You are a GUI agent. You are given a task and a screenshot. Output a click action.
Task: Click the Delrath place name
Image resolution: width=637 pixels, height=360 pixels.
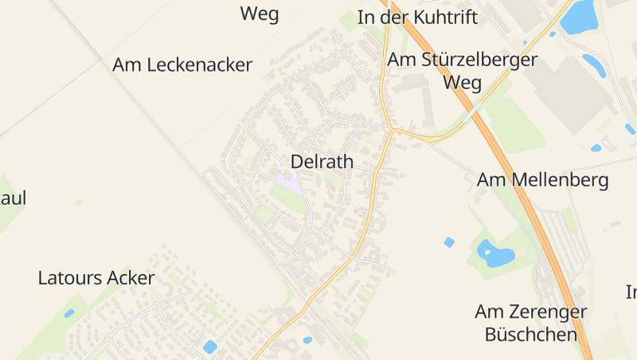(x=322, y=162)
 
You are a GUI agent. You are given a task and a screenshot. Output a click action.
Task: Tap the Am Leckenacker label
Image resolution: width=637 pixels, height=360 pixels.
(x=182, y=65)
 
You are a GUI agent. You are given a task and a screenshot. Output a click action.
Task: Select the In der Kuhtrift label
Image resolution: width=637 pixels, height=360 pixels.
(x=417, y=18)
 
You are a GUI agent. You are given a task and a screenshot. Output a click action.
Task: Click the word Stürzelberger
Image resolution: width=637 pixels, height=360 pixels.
(x=476, y=60)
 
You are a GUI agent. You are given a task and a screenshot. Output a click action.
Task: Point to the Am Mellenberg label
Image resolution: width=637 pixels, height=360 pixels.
(x=542, y=180)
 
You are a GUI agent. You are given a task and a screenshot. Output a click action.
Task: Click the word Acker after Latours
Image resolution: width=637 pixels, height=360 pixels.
(x=134, y=278)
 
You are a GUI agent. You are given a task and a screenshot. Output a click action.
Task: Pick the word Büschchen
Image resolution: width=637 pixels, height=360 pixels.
(x=530, y=334)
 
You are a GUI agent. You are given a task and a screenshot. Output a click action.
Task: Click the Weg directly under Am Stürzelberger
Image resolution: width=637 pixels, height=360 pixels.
(x=462, y=82)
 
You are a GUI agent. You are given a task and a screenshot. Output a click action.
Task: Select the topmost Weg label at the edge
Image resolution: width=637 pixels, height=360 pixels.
(x=260, y=14)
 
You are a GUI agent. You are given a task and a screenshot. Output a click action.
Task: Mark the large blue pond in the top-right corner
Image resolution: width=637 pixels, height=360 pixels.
(x=580, y=17)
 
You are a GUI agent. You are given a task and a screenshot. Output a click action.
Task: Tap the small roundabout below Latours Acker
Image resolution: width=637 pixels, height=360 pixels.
(x=157, y=306)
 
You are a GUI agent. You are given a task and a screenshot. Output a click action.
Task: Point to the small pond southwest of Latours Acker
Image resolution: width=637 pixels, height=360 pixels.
(x=69, y=313)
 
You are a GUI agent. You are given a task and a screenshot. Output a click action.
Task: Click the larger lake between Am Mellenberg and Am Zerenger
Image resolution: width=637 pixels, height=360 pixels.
(x=495, y=254)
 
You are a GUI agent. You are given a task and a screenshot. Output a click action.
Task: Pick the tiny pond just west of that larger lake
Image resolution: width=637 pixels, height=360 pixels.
(x=449, y=242)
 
